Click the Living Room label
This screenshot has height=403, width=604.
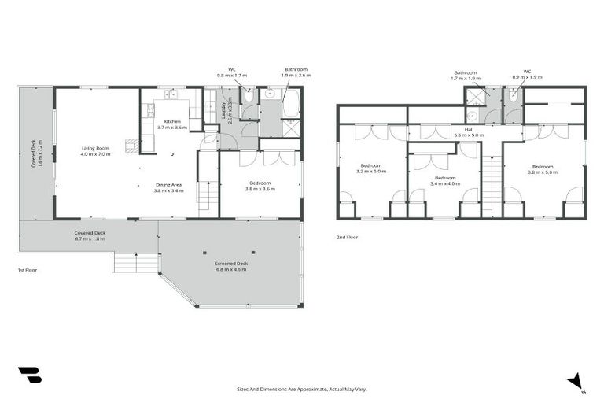click(x=96, y=148)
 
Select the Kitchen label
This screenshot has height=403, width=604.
click(x=172, y=121)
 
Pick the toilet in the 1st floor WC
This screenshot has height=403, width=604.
click(x=247, y=98)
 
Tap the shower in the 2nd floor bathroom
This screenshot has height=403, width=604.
click(x=475, y=98)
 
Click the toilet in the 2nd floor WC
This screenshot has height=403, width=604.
click(x=513, y=97)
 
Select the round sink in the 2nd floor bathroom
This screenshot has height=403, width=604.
click(x=472, y=116)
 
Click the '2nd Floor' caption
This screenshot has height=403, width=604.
click(x=347, y=236)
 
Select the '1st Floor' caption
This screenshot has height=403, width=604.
click(x=28, y=269)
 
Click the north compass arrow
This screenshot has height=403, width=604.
click(x=576, y=380)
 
